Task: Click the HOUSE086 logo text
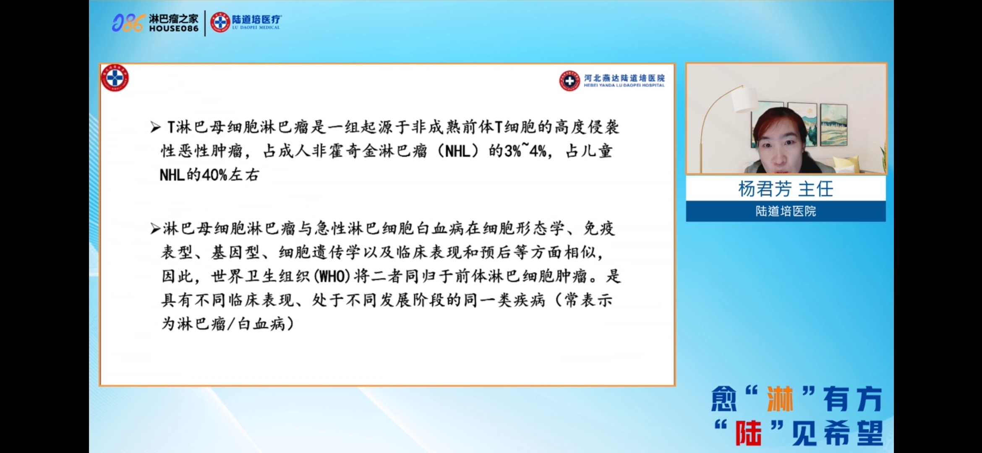[174, 29]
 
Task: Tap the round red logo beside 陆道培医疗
[220, 22]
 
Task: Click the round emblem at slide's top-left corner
[115, 78]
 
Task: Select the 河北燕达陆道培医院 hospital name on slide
[624, 78]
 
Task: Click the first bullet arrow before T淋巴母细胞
[156, 128]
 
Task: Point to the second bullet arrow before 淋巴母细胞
[156, 229]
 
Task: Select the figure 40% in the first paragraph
[214, 175]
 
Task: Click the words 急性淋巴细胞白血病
[390, 229]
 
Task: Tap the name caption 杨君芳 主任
[786, 189]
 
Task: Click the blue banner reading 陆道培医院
[786, 211]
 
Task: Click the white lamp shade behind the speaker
[744, 100]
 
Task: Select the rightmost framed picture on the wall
[833, 124]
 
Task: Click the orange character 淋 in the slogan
[780, 399]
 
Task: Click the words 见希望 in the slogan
[838, 433]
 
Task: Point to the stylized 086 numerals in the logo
[128, 23]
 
